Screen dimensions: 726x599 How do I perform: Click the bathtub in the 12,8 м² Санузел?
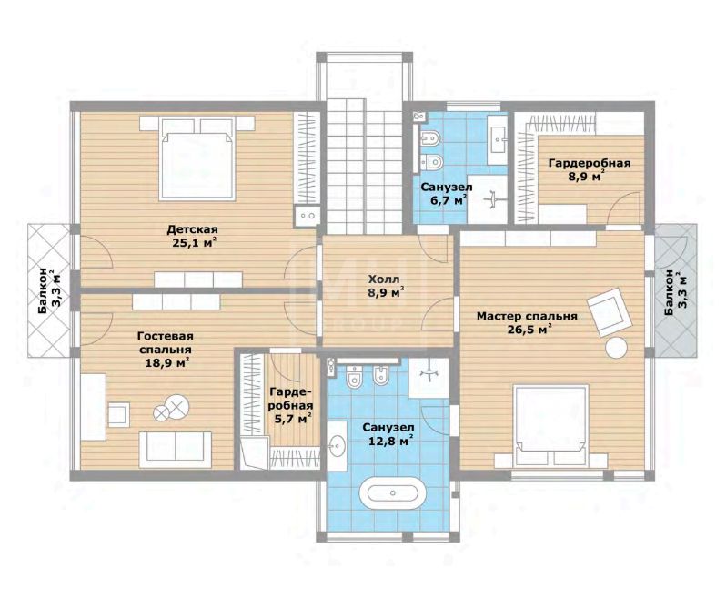393,492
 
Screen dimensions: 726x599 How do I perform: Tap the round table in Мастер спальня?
617,348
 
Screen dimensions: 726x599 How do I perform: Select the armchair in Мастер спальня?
610,311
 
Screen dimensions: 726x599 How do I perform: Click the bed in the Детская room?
197,159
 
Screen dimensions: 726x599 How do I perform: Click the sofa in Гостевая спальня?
176,450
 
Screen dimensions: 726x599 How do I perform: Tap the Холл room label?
383,279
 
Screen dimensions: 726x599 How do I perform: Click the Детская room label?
192,229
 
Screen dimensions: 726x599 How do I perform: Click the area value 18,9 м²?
166,362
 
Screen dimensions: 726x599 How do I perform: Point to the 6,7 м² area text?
447,200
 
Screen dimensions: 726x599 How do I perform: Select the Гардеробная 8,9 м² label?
590,169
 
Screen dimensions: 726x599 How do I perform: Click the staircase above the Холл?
364,167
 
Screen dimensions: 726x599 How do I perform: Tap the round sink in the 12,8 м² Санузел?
337,446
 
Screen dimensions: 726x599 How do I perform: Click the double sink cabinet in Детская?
307,216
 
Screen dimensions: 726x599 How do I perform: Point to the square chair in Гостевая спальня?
119,414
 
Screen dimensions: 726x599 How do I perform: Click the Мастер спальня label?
527,317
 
